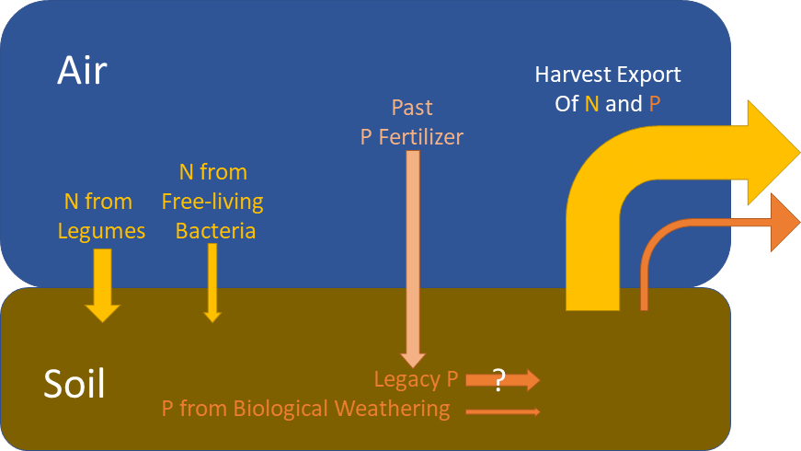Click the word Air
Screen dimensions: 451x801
click(83, 69)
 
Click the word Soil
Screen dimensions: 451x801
click(74, 384)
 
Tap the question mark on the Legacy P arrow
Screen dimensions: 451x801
click(499, 379)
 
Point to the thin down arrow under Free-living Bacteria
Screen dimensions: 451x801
click(212, 285)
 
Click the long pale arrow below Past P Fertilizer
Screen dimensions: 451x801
click(413, 258)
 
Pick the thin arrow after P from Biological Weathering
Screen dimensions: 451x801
click(503, 411)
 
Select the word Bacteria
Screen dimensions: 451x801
click(215, 231)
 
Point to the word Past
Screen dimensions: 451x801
click(412, 108)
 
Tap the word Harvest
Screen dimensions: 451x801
click(575, 75)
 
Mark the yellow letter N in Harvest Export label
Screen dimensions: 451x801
click(592, 104)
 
